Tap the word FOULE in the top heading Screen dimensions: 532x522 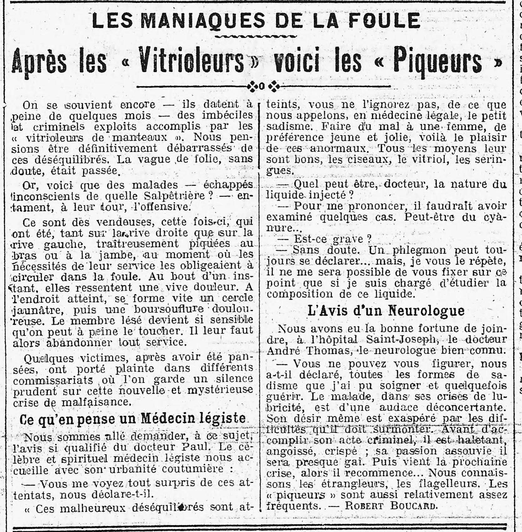click(x=380, y=21)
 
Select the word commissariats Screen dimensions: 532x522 click(x=54, y=379)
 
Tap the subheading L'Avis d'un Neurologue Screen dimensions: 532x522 click(x=386, y=310)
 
